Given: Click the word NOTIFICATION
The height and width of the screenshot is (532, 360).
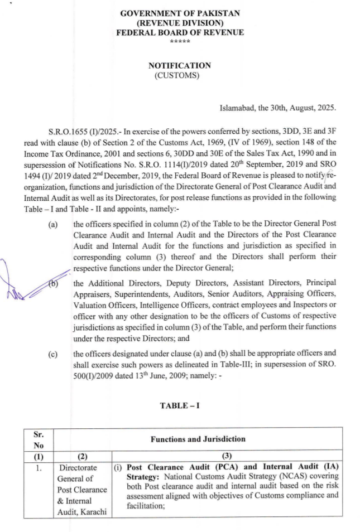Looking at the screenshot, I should (180, 65).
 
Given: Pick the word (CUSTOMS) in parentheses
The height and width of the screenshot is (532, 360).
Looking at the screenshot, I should (180, 75).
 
